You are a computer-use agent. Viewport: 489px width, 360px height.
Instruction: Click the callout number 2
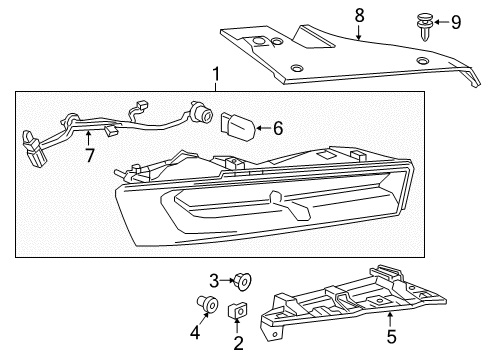click(237, 344)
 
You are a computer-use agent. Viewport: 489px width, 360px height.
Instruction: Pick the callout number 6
click(278, 127)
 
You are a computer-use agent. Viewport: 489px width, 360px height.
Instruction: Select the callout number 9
click(455, 20)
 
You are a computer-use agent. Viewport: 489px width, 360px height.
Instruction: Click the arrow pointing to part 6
click(263, 127)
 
